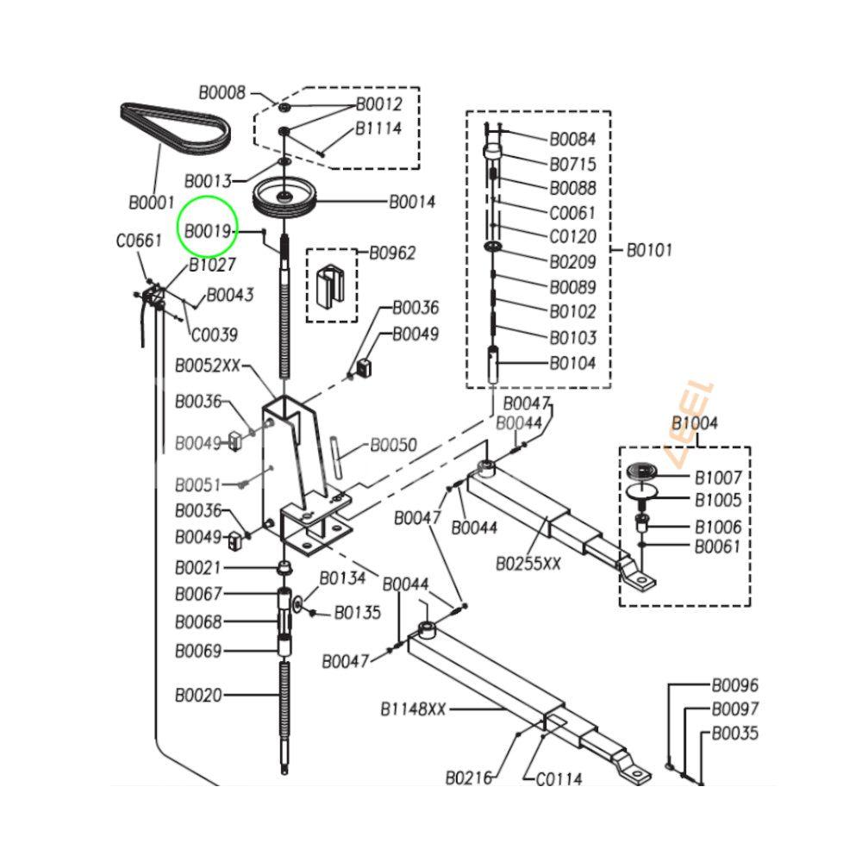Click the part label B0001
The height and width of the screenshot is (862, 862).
point(153,203)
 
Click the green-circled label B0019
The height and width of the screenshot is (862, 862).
point(209,231)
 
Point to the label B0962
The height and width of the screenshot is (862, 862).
point(392,253)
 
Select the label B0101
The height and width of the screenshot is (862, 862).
point(649,251)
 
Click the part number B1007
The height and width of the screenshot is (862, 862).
point(718,477)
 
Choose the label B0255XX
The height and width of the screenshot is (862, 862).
point(528,564)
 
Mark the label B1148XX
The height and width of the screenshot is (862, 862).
point(414,709)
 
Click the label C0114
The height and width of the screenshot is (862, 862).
point(559,779)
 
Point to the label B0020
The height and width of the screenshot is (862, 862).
point(198,695)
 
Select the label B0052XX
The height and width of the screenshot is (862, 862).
point(208,365)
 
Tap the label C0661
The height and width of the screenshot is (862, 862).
point(139,241)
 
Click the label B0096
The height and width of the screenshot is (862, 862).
point(734,686)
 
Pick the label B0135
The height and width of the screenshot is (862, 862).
point(357,613)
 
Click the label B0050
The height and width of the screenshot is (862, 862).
point(393,446)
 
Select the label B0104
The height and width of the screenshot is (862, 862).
point(572,364)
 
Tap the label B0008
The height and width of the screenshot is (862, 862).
point(222,93)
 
